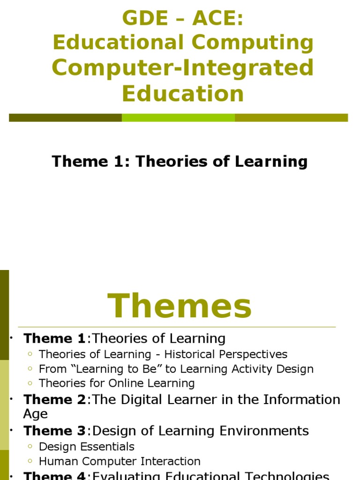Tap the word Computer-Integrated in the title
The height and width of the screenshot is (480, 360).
point(183,67)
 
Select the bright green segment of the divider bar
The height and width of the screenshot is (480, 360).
point(178,118)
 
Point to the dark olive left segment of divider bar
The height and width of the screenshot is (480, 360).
point(65,118)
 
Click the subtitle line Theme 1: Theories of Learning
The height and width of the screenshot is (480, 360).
point(180,161)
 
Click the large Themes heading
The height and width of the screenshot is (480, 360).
point(180,307)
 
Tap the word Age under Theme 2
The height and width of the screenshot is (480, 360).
point(35,414)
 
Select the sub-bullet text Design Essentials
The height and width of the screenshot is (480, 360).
point(87,447)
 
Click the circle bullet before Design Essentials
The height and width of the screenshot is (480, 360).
point(30,447)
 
